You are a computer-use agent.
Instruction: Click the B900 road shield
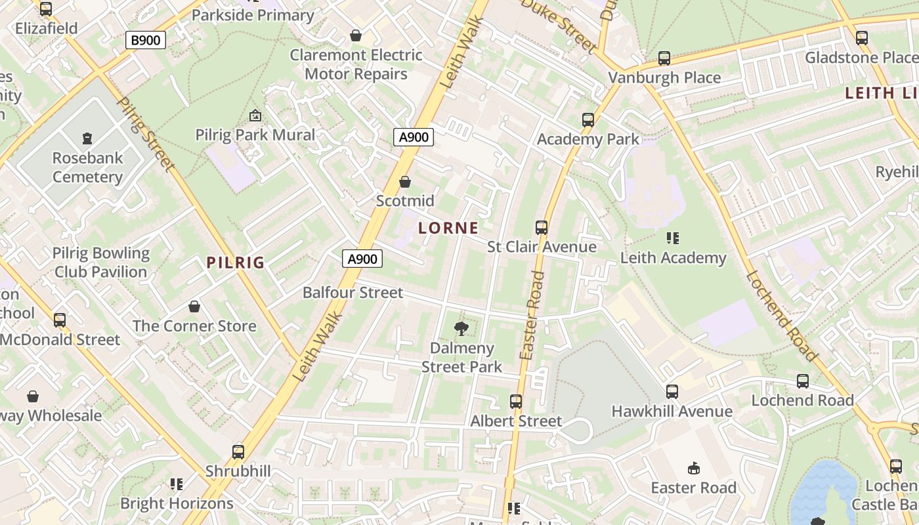tap(145, 40)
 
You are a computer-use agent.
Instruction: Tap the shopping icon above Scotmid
tap(405, 182)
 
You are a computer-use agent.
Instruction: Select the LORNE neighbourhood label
tap(448, 228)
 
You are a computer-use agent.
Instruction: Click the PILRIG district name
tap(236, 262)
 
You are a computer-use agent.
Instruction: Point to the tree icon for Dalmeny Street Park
tap(461, 329)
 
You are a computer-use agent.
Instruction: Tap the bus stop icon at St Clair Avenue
tap(542, 228)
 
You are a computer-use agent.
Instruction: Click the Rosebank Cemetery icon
tap(87, 138)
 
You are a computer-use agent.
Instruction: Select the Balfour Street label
tap(353, 293)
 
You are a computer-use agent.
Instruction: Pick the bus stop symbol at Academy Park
tap(588, 120)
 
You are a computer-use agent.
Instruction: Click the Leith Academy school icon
tap(673, 238)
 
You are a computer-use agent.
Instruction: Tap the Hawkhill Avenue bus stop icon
tap(672, 392)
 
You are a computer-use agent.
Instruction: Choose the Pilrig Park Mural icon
tap(255, 116)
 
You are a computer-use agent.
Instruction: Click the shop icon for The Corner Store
tap(194, 306)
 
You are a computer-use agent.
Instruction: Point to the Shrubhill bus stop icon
tap(238, 452)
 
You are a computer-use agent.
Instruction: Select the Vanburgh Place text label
tap(664, 77)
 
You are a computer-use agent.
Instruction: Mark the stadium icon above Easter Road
tap(694, 469)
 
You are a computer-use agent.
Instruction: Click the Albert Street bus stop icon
tap(516, 402)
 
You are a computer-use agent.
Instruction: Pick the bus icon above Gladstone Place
tap(862, 38)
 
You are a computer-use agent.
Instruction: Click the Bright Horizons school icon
tap(177, 484)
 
